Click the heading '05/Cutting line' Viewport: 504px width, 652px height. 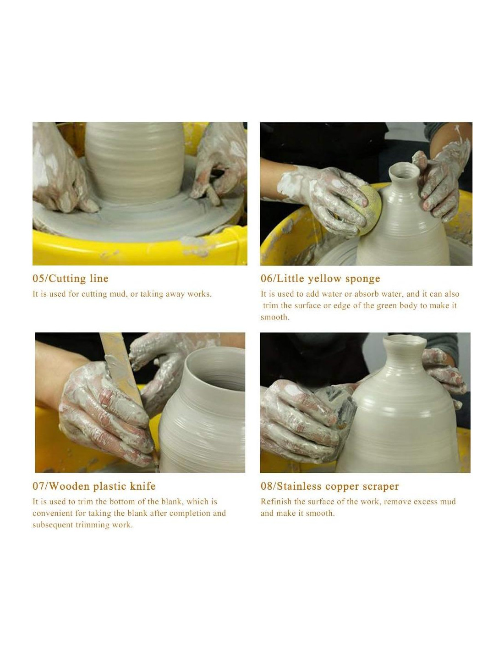[x=71, y=278]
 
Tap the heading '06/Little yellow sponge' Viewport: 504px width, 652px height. [x=320, y=278]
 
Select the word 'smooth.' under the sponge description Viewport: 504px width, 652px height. [x=275, y=317]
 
